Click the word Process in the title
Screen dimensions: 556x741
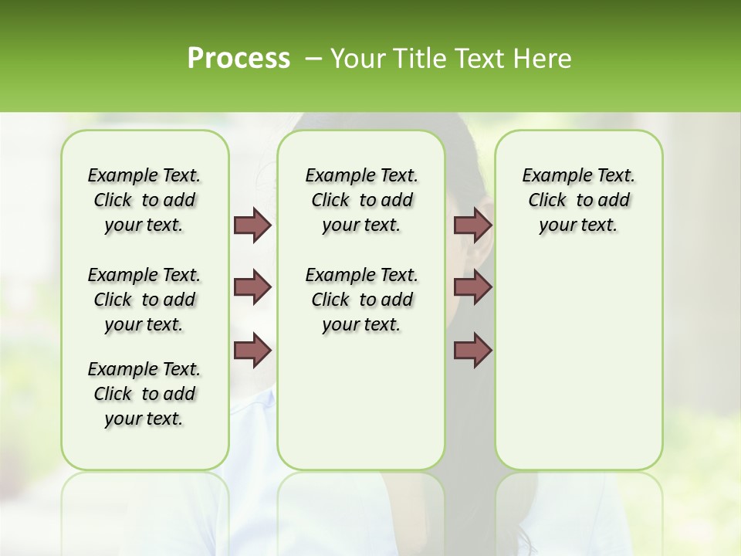coord(239,59)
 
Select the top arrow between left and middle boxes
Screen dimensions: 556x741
coord(252,225)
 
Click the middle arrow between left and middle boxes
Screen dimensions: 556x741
coord(252,287)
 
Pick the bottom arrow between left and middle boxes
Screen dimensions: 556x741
coord(252,350)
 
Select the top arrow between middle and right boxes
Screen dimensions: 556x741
coord(472,225)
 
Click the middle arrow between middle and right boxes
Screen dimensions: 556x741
coord(472,287)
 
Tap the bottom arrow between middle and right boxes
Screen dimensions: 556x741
coord(472,350)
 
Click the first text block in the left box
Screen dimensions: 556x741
coord(144,200)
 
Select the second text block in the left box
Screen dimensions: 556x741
coord(144,300)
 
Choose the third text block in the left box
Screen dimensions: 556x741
coord(144,394)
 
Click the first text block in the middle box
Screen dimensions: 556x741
coord(361,200)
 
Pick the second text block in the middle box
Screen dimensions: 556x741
coord(361,300)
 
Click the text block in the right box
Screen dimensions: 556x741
coord(578,200)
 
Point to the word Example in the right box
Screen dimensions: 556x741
coord(551,176)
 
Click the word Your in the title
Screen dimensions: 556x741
coord(354,59)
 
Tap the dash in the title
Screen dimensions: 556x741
coord(313,59)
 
